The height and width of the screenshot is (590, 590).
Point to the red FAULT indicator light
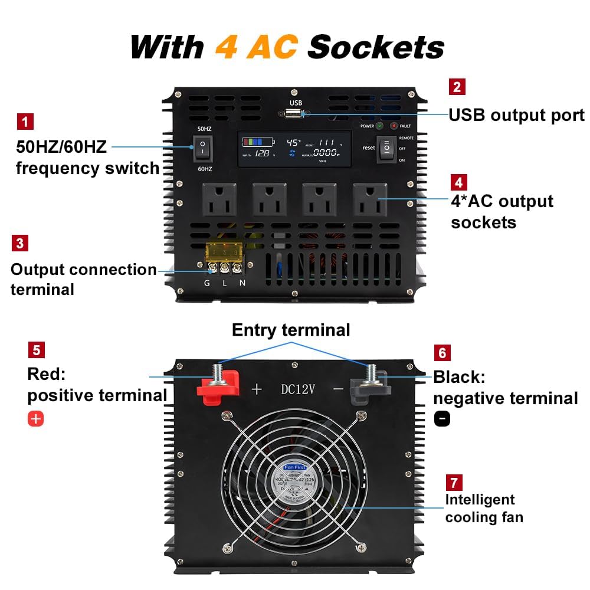pyautogui.click(x=394, y=126)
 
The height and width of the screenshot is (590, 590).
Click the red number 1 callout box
pyautogui.click(x=25, y=122)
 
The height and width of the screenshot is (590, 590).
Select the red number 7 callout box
pyautogui.click(x=454, y=483)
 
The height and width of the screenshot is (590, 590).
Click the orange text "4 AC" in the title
pyautogui.click(x=256, y=47)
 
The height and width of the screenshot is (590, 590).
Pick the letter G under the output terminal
pyautogui.click(x=207, y=283)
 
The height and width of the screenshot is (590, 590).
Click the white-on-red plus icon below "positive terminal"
pyautogui.click(x=36, y=419)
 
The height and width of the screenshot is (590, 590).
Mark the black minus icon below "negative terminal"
pyautogui.click(x=442, y=418)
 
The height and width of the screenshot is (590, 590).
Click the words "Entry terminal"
pyautogui.click(x=291, y=330)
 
